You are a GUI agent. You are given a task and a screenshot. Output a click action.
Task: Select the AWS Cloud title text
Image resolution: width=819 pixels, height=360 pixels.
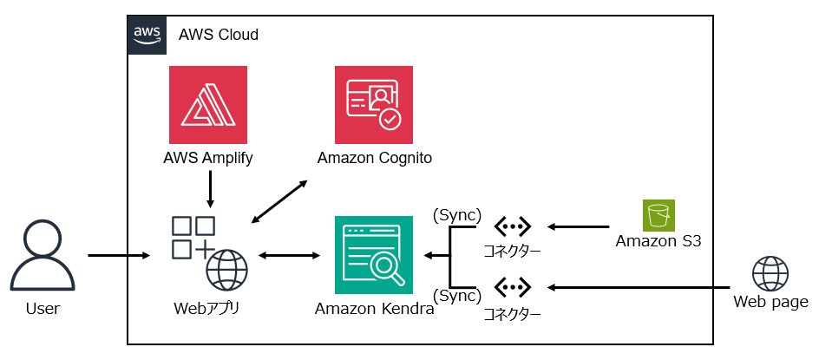(219, 35)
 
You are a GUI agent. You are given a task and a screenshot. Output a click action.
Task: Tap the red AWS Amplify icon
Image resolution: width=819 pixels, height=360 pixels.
(208, 104)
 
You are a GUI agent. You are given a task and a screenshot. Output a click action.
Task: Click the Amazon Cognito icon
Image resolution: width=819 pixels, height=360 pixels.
(374, 104)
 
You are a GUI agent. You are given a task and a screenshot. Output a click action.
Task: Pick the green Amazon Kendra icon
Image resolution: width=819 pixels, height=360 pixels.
(374, 255)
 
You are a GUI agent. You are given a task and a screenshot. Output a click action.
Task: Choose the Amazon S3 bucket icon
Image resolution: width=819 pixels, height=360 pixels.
(658, 215)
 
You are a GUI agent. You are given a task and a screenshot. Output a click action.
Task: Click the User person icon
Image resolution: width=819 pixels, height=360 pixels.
(43, 255)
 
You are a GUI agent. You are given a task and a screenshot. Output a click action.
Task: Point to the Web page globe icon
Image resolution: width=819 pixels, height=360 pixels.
(770, 273)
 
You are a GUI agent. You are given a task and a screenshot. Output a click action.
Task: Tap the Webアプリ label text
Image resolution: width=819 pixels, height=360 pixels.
(207, 307)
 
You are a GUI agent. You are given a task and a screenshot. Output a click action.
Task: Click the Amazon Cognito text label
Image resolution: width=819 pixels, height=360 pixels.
(375, 158)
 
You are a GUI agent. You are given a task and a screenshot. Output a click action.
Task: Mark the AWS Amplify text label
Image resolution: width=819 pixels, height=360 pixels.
(208, 158)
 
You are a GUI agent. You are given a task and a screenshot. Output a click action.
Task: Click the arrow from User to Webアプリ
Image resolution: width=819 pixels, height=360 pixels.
(120, 256)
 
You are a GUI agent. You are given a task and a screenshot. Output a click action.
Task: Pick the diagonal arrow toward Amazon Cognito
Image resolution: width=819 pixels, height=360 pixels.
(278, 201)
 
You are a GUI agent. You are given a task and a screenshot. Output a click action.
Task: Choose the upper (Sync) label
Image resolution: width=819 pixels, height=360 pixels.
(456, 213)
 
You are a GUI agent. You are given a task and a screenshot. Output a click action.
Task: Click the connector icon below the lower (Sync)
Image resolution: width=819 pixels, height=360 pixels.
(512, 286)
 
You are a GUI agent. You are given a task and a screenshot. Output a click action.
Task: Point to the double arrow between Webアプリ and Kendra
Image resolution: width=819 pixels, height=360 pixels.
(290, 256)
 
